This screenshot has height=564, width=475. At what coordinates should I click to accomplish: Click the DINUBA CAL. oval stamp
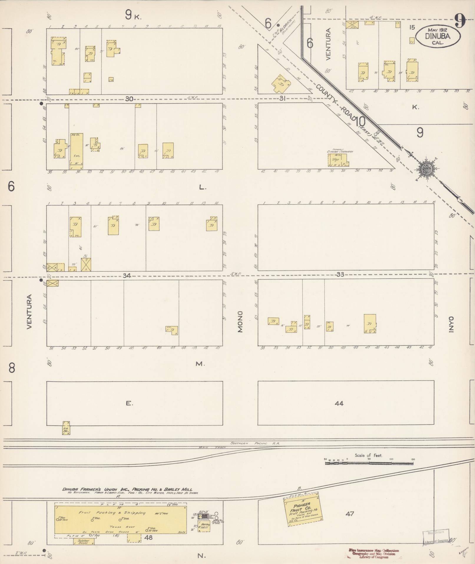438,36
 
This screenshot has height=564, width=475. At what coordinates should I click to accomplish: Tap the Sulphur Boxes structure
84,542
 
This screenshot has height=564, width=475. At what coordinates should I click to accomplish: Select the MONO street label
240,322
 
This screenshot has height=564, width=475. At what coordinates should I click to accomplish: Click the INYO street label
451,325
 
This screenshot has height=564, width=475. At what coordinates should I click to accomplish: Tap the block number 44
339,403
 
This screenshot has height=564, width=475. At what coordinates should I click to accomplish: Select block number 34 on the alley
127,275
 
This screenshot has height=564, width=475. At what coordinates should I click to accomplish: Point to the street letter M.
200,364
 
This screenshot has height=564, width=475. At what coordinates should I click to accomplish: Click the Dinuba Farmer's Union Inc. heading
127,489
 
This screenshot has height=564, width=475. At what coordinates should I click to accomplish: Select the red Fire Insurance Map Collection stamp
374,553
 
